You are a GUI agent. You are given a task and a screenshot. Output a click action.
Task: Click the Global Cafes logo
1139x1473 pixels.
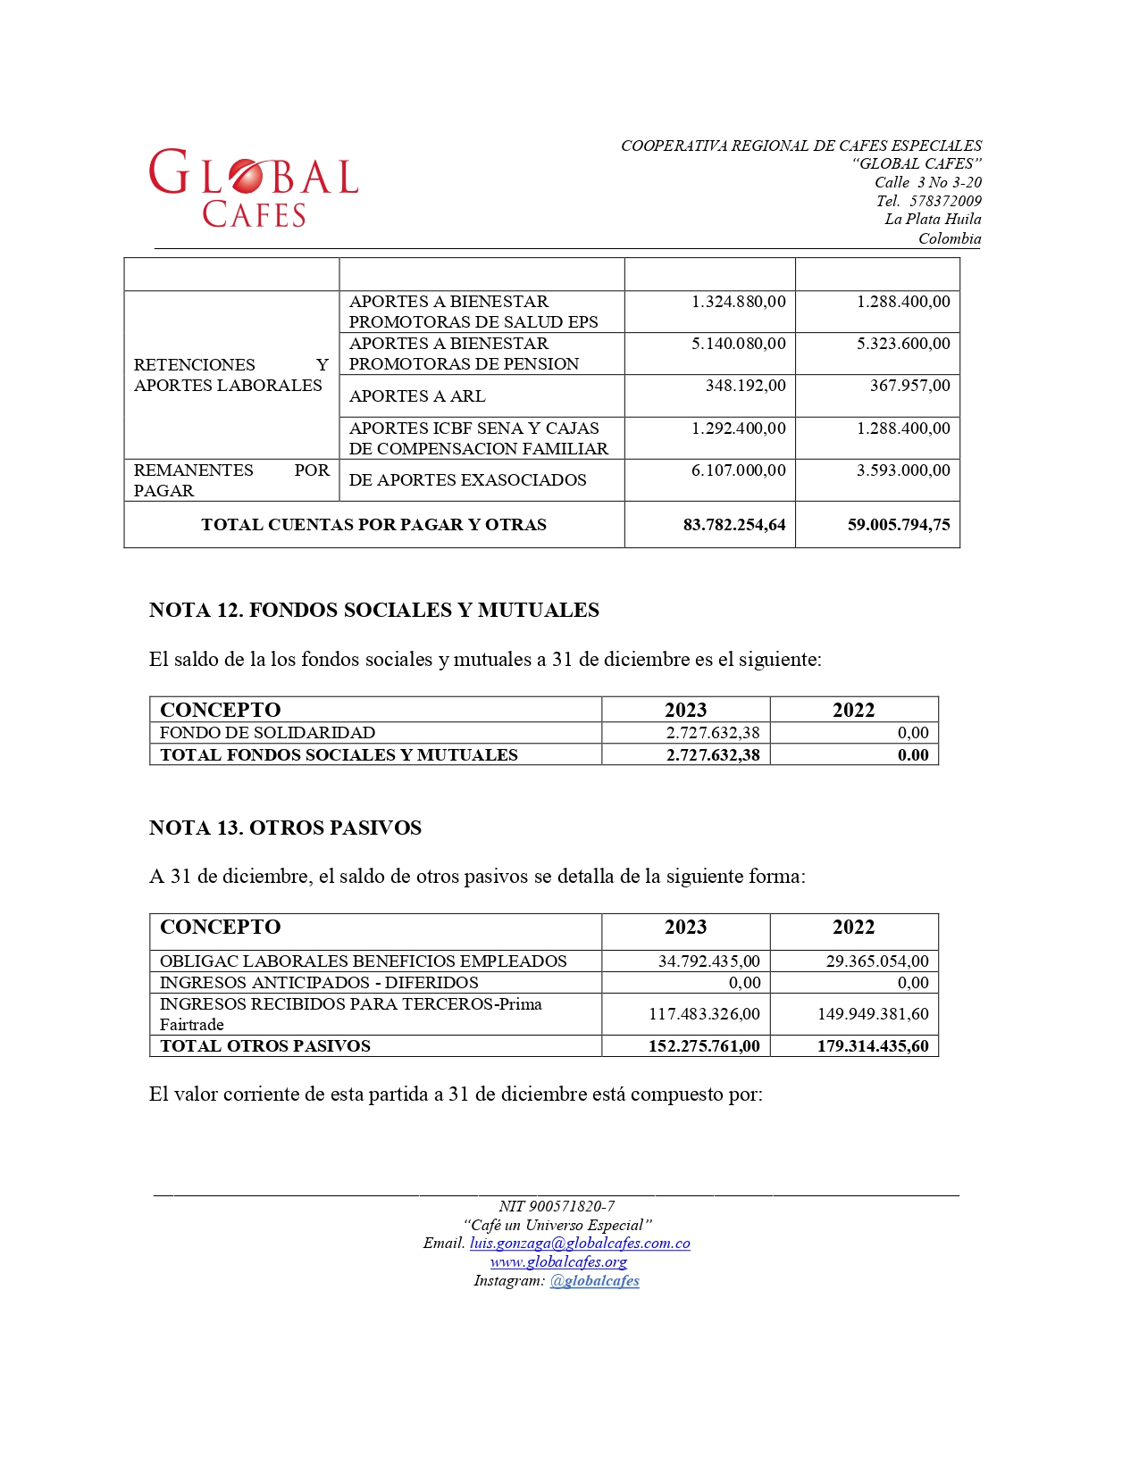pos(254,187)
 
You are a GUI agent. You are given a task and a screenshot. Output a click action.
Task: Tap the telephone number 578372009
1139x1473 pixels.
pos(945,201)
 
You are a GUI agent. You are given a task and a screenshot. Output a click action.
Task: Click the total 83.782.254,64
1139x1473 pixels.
pos(733,525)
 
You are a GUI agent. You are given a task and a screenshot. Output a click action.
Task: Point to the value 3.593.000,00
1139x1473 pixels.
pos(902,470)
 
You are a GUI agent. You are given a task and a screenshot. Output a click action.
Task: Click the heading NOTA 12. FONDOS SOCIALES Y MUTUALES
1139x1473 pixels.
pos(373,610)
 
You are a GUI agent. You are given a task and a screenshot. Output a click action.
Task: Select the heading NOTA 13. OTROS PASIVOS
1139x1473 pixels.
pos(285,828)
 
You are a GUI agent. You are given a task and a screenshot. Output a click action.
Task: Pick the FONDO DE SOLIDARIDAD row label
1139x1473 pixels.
pos(267,733)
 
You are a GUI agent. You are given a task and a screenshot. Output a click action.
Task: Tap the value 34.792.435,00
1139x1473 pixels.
pos(708,961)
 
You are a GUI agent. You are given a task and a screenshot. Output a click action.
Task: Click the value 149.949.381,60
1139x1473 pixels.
pos(872,1014)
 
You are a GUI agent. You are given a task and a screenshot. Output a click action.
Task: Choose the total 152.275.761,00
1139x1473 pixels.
pos(703,1046)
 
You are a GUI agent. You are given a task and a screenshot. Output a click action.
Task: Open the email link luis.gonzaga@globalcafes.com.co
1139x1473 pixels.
pos(580,1244)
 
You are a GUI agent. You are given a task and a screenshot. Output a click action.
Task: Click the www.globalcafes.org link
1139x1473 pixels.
pos(558,1262)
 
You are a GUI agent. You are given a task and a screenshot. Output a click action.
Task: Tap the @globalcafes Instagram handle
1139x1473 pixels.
pos(594,1281)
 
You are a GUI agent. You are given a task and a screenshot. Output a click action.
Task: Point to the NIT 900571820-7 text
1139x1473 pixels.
pos(557,1206)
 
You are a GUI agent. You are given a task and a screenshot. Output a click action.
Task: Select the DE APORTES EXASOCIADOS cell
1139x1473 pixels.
pos(467,480)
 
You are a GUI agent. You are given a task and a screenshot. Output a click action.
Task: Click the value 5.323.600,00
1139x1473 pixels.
pos(902,344)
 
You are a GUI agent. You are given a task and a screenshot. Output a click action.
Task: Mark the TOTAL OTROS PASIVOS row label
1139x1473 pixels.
pos(264,1046)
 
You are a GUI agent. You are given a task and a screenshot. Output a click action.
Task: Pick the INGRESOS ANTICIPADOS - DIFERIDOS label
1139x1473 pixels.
pos(319,983)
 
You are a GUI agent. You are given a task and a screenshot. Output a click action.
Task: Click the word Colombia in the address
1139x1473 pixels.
pos(950,238)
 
